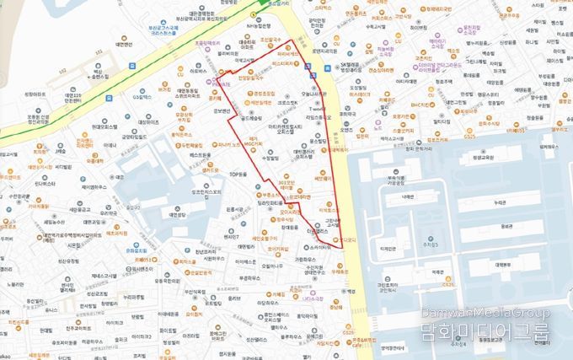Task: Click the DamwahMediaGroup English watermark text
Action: pos(485,314)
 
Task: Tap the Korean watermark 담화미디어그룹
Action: pos(485,332)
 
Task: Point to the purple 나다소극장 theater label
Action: pos(319,298)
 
